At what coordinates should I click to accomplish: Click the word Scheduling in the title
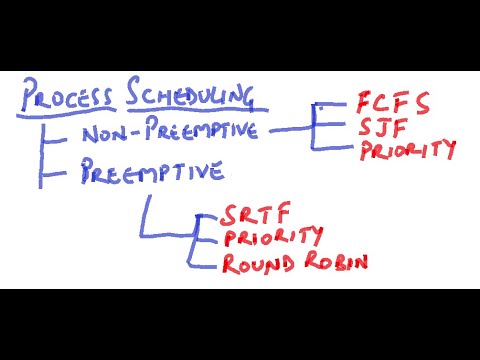click(190, 96)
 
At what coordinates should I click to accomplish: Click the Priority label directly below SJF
click(407, 151)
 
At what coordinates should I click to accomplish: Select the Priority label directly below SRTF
click(273, 239)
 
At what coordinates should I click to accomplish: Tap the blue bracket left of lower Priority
click(200, 240)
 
